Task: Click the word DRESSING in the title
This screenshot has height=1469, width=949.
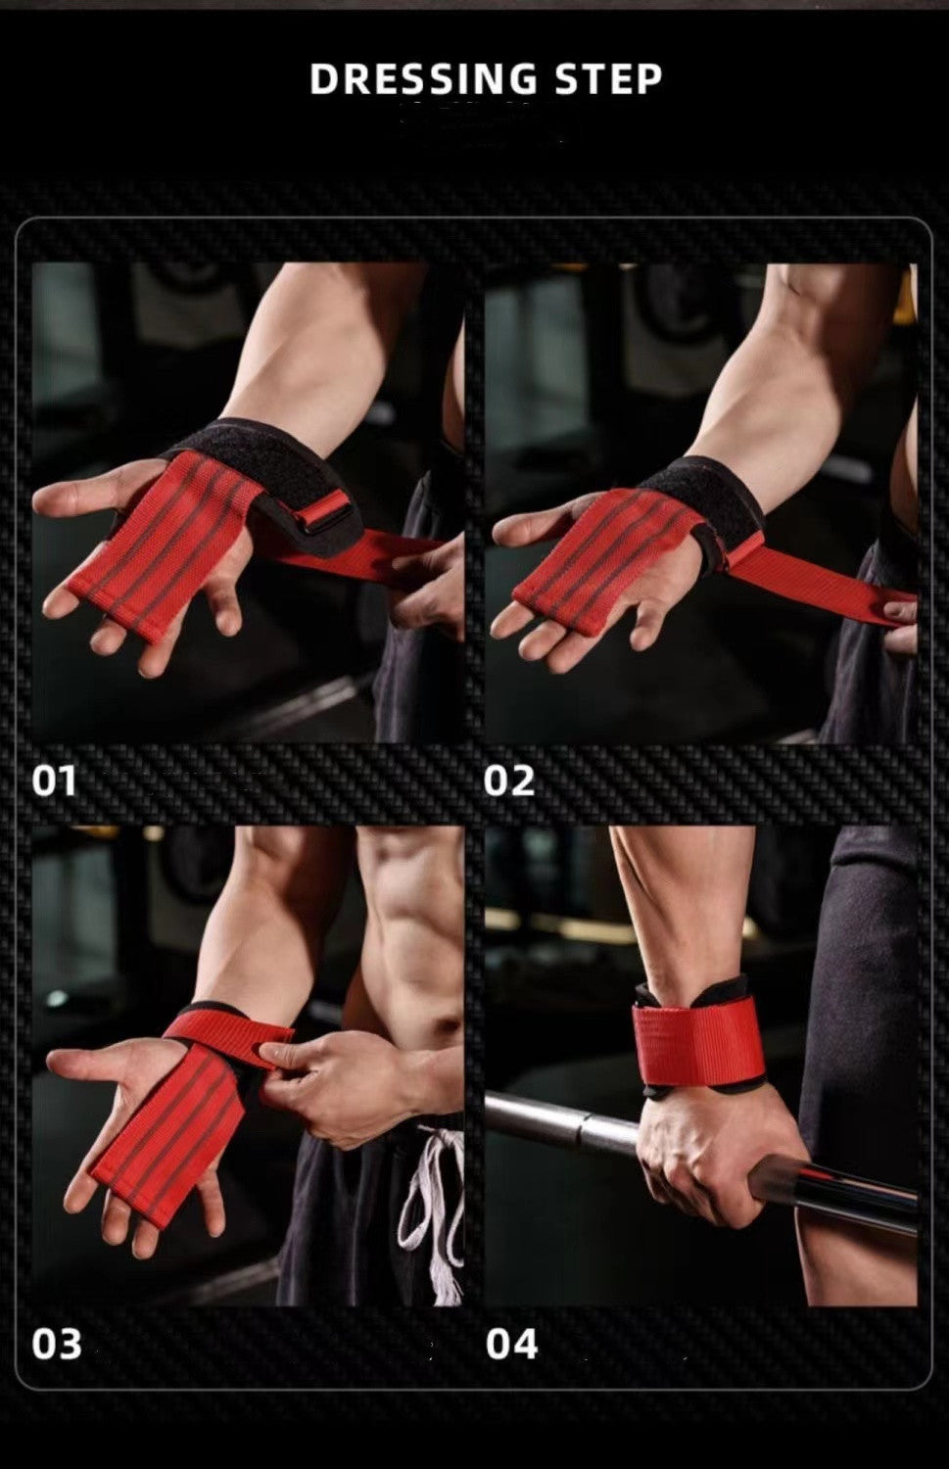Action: (423, 79)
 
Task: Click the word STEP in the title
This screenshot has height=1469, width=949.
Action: (608, 79)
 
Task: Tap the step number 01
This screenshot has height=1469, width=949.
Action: (54, 782)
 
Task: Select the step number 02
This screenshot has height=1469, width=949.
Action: (509, 782)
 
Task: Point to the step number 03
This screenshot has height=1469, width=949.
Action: (56, 1345)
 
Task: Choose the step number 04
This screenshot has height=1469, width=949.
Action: (511, 1345)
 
